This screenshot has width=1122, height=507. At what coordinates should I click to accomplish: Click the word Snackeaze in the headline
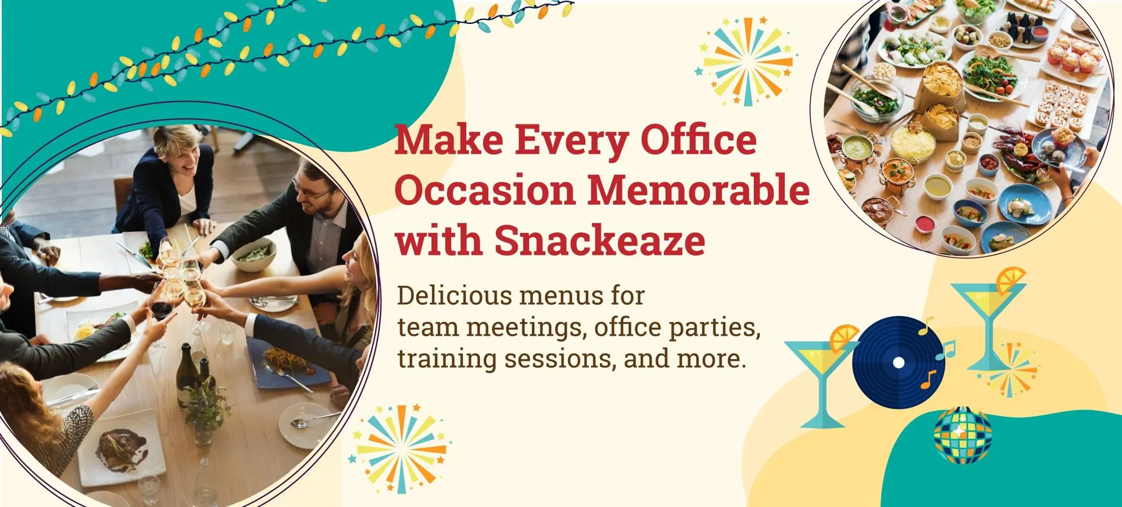[600, 240]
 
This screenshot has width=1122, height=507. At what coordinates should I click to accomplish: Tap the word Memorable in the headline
[698, 190]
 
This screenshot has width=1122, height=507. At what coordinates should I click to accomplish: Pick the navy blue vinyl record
[899, 363]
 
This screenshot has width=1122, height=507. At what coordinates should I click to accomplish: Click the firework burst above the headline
[746, 61]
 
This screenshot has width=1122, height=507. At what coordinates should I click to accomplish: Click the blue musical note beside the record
[946, 350]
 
